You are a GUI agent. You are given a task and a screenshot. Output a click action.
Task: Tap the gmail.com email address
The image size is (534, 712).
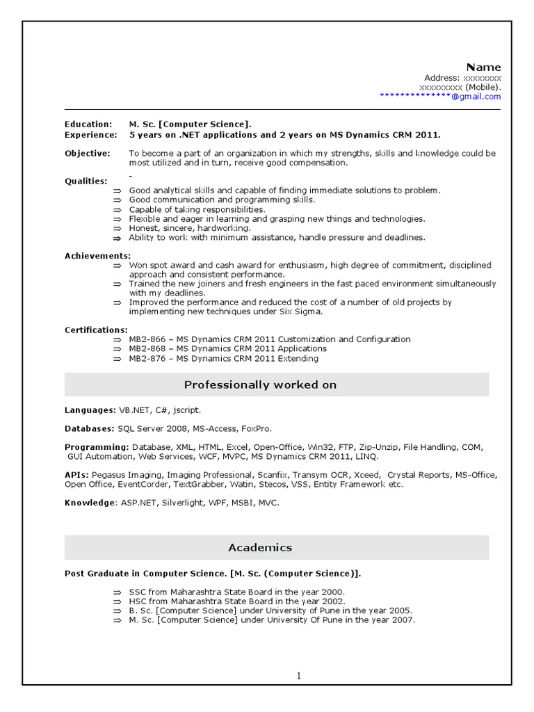pyautogui.click(x=440, y=97)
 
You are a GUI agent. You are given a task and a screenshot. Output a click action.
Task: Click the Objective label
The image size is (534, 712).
pyautogui.click(x=88, y=153)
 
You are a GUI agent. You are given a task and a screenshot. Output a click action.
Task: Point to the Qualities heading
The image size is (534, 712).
pyautogui.click(x=86, y=181)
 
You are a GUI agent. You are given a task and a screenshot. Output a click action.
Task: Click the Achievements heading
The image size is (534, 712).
pyautogui.click(x=97, y=256)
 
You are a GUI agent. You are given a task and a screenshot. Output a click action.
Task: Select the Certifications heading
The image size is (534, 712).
pyautogui.click(x=96, y=330)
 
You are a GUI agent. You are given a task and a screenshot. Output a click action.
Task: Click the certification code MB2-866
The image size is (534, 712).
pyautogui.click(x=147, y=339)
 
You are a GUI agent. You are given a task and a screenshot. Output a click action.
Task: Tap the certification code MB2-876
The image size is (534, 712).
pyautogui.click(x=147, y=359)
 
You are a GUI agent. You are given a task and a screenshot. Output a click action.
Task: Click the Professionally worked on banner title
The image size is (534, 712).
pyautogui.click(x=260, y=385)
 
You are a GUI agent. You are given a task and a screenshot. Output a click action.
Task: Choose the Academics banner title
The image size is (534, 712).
pyautogui.click(x=260, y=548)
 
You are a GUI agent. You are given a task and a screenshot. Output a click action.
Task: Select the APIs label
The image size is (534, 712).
pyautogui.click(x=76, y=475)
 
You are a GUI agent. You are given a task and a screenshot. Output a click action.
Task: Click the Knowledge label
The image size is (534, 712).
pyautogui.click(x=88, y=502)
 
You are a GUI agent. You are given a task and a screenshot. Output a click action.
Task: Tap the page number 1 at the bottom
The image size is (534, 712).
pyautogui.click(x=299, y=675)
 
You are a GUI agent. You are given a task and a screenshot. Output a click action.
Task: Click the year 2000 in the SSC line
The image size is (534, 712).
pyautogui.click(x=325, y=591)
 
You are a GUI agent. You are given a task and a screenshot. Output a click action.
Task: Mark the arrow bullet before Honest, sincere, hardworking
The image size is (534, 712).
pyautogui.click(x=117, y=228)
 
